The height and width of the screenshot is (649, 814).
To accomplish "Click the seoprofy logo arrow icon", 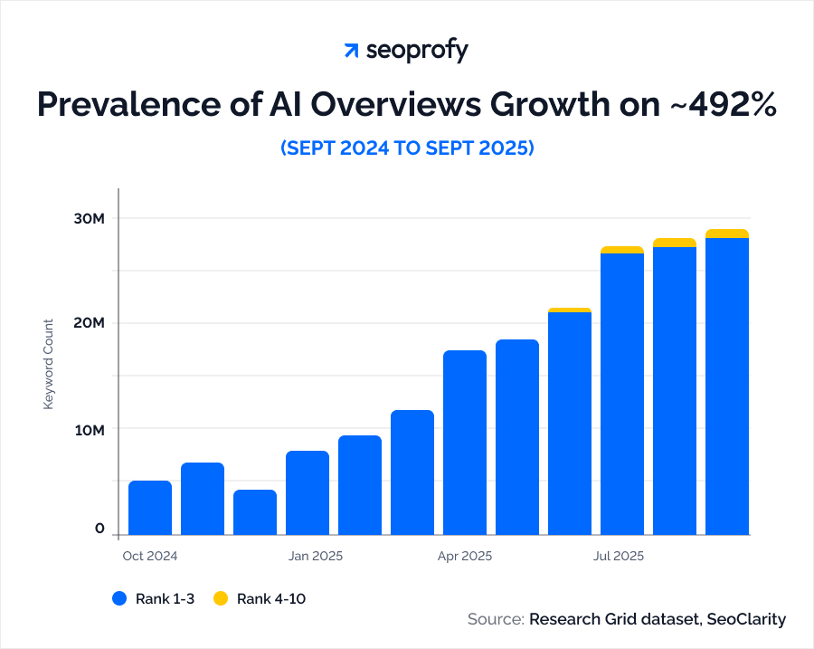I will [x=351, y=51].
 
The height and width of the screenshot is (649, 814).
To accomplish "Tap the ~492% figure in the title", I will [x=724, y=105].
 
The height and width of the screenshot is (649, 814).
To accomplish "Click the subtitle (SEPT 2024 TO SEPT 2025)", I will [x=407, y=148].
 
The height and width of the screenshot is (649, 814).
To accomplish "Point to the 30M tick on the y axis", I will [x=90, y=219].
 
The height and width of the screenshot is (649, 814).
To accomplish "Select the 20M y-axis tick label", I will [x=90, y=323].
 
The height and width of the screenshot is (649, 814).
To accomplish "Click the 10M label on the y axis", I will [x=90, y=429].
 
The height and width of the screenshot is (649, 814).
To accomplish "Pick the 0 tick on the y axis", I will [x=100, y=530].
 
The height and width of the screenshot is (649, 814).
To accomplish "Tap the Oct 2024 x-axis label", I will [x=149, y=556].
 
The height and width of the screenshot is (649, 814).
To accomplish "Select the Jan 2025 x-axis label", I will [x=316, y=556].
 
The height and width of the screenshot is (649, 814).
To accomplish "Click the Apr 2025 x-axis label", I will [x=464, y=556].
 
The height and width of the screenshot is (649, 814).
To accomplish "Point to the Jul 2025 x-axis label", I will [x=619, y=556].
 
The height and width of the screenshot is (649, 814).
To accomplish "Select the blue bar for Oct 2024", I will [x=150, y=508].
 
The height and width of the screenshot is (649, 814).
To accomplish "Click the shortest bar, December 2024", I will [x=255, y=512].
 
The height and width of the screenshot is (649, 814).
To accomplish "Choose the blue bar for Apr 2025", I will [x=465, y=443].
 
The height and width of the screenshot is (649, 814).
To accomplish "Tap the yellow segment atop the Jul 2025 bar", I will [x=622, y=250].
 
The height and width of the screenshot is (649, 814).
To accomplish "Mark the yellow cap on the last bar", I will [x=727, y=234].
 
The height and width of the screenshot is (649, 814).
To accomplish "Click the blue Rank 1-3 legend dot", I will [x=118, y=598].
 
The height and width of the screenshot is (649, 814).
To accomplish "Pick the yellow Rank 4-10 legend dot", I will [x=220, y=598].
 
